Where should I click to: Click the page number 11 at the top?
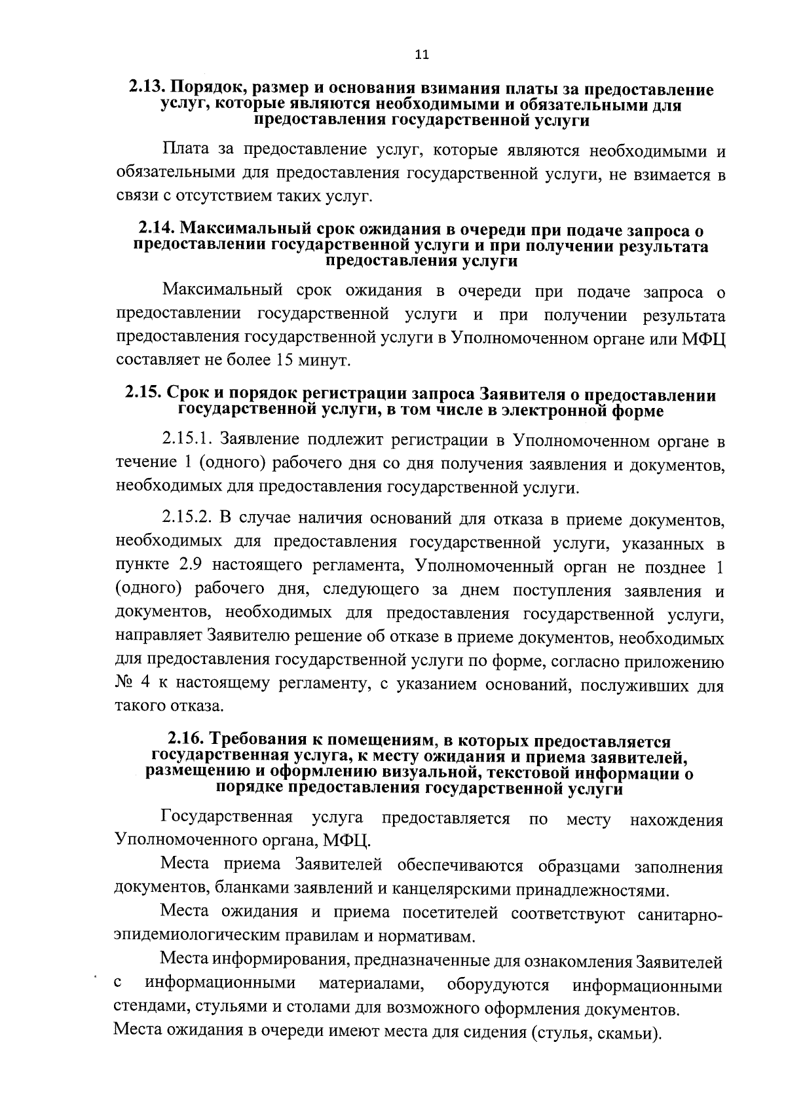[x=421, y=55]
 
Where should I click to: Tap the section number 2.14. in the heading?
[x=157, y=231]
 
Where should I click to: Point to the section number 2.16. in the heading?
[x=187, y=741]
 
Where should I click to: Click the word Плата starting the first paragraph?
[x=185, y=151]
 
